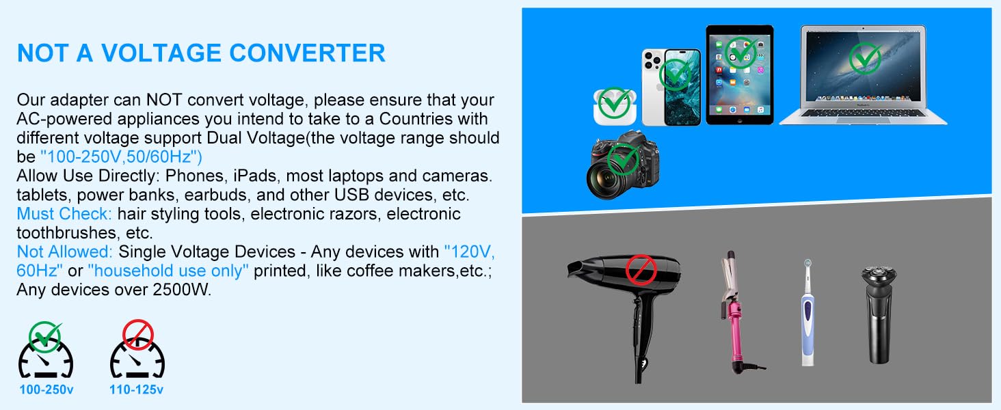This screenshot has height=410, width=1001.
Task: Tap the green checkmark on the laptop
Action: coord(865,59)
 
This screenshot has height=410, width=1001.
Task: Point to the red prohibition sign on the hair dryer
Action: coord(641,269)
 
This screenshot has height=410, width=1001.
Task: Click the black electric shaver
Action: coord(879,314)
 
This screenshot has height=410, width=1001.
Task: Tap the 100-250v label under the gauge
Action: coord(45,390)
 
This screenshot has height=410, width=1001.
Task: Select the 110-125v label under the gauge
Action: coord(137,390)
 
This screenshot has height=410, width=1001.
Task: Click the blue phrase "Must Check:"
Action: coord(64,214)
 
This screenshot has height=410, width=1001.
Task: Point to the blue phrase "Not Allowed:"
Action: coord(65,251)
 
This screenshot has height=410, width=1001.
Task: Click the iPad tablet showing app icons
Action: coord(739,74)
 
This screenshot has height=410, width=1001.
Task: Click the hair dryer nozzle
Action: coord(578,268)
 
